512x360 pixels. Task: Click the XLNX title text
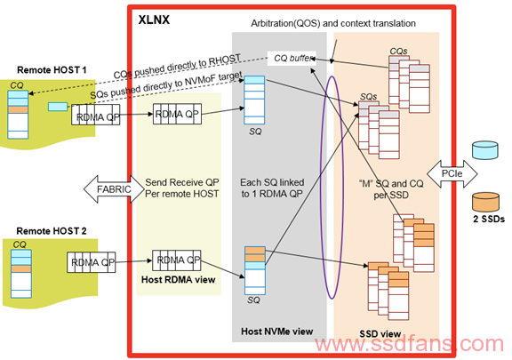[x=154, y=20]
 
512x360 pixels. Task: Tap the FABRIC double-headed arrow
[x=114, y=188]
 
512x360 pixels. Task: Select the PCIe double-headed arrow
[x=452, y=173]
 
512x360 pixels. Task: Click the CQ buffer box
[x=292, y=58]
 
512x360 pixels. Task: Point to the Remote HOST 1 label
[x=52, y=70]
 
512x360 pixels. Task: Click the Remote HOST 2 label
[x=52, y=231]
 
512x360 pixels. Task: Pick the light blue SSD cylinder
[x=485, y=150]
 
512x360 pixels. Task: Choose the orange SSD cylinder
[x=485, y=202]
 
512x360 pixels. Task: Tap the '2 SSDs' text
[x=489, y=219]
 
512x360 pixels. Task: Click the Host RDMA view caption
[x=179, y=280]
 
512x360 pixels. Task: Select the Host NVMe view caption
[x=277, y=332]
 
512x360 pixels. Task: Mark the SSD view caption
[x=380, y=334]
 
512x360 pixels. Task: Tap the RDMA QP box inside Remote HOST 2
[x=91, y=262]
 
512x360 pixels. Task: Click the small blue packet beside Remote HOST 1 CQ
[x=58, y=107]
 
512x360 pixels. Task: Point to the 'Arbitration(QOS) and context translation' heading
[x=333, y=23]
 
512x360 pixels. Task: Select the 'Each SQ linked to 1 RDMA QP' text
[x=272, y=188]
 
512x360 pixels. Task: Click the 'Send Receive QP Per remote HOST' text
[x=182, y=188]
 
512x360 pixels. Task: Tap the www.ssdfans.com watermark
[x=410, y=345]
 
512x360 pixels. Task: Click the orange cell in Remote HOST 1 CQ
[x=18, y=109]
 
